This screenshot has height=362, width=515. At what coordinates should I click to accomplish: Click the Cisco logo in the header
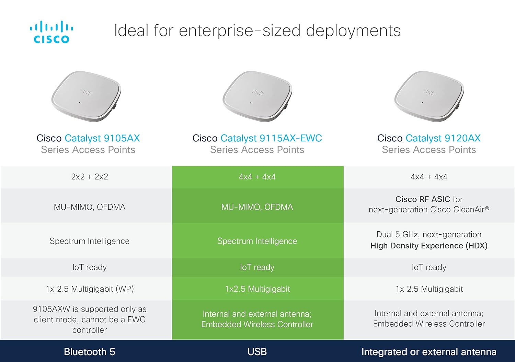pyautogui.click(x=51, y=32)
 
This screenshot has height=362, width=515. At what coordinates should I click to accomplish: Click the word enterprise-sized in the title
pyautogui.click(x=240, y=31)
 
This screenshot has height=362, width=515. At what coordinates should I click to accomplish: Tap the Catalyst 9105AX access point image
pyautogui.click(x=86, y=96)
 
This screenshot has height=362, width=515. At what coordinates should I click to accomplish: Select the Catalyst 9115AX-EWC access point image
pyautogui.click(x=257, y=96)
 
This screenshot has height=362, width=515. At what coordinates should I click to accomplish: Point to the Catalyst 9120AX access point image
pyautogui.click(x=429, y=96)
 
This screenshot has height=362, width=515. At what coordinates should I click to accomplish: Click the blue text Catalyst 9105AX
pyautogui.click(x=102, y=138)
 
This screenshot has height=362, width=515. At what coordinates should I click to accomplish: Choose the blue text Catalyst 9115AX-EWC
pyautogui.click(x=271, y=138)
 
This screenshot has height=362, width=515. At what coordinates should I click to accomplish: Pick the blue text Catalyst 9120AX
pyautogui.click(x=443, y=138)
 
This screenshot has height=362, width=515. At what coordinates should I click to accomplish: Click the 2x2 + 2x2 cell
pyautogui.click(x=89, y=176)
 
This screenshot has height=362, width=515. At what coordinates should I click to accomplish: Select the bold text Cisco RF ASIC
pyautogui.click(x=423, y=199)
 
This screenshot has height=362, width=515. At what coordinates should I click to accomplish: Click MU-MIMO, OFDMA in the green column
pyautogui.click(x=257, y=207)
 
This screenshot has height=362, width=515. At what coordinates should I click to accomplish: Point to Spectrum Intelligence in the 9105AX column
pyautogui.click(x=89, y=241)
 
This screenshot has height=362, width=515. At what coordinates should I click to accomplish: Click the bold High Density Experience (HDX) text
pyautogui.click(x=429, y=246)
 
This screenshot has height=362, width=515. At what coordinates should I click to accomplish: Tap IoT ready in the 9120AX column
pyautogui.click(x=429, y=267)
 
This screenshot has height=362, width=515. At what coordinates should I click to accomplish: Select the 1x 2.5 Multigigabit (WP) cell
pyautogui.click(x=90, y=289)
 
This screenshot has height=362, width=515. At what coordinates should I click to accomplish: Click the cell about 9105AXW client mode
pyautogui.click(x=89, y=319)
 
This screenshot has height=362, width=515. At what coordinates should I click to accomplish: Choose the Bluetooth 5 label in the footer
pyautogui.click(x=89, y=352)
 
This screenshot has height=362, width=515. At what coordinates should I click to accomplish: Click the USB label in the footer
pyautogui.click(x=257, y=352)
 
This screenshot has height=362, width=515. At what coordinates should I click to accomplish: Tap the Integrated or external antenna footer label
pyautogui.click(x=429, y=352)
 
